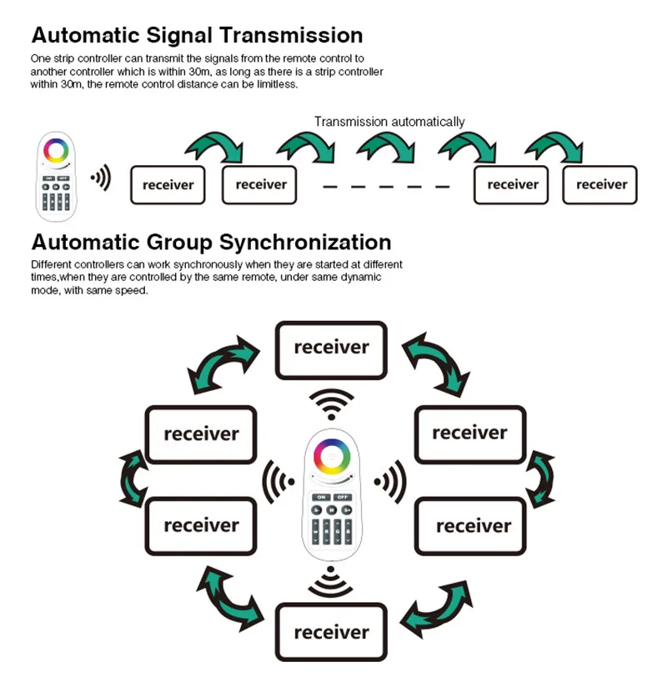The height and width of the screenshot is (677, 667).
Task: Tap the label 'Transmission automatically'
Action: (389, 123)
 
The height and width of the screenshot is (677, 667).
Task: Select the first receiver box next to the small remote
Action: (168, 185)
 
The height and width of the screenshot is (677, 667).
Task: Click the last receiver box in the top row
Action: (600, 185)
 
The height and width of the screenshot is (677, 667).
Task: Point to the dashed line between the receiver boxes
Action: (386, 187)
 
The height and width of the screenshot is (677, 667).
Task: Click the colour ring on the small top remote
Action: (56, 151)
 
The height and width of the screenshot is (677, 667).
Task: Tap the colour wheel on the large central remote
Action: (332, 456)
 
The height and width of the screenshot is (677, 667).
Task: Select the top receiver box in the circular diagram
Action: (331, 350)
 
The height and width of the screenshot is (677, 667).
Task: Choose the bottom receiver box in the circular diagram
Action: (331, 632)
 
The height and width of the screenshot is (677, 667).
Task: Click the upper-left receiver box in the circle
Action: (201, 434)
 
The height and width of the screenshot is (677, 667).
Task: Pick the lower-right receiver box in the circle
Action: (470, 526)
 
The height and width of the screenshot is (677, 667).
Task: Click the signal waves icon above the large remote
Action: (332, 404)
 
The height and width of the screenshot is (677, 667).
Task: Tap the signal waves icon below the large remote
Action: (331, 581)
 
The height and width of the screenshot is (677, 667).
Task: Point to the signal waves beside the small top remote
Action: (101, 178)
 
